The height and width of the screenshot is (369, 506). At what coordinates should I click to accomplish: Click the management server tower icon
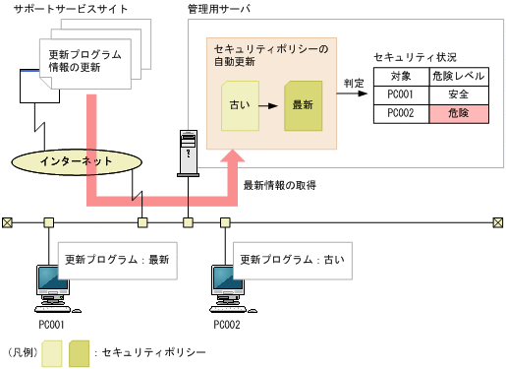(187, 155)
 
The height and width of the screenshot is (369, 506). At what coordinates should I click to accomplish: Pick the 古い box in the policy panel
(239, 103)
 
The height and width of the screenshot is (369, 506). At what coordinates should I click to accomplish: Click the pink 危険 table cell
(458, 113)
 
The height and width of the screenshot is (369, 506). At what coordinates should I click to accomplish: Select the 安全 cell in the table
(458, 94)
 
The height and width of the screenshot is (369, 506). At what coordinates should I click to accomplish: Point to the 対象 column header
(401, 76)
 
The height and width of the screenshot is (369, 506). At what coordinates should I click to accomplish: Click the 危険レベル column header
(458, 76)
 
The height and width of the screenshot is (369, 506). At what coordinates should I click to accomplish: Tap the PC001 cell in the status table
(401, 94)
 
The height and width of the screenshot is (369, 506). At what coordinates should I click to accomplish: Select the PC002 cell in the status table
(401, 113)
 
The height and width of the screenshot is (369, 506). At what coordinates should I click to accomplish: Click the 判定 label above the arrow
(355, 84)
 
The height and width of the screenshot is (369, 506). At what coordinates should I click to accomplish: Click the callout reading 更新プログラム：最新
(116, 260)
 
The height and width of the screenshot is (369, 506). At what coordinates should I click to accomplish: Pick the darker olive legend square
(80, 351)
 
